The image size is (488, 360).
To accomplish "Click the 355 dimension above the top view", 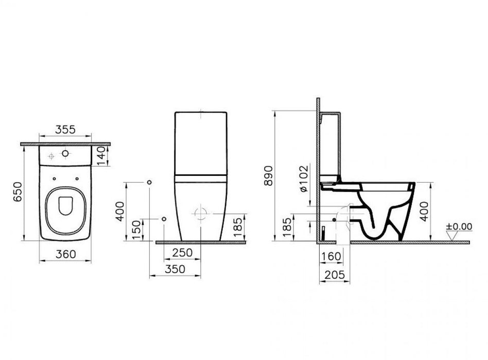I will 65,130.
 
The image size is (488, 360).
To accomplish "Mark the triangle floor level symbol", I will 452,236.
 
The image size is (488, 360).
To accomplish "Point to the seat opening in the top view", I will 65,205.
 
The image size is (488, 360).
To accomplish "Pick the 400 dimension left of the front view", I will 120,211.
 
